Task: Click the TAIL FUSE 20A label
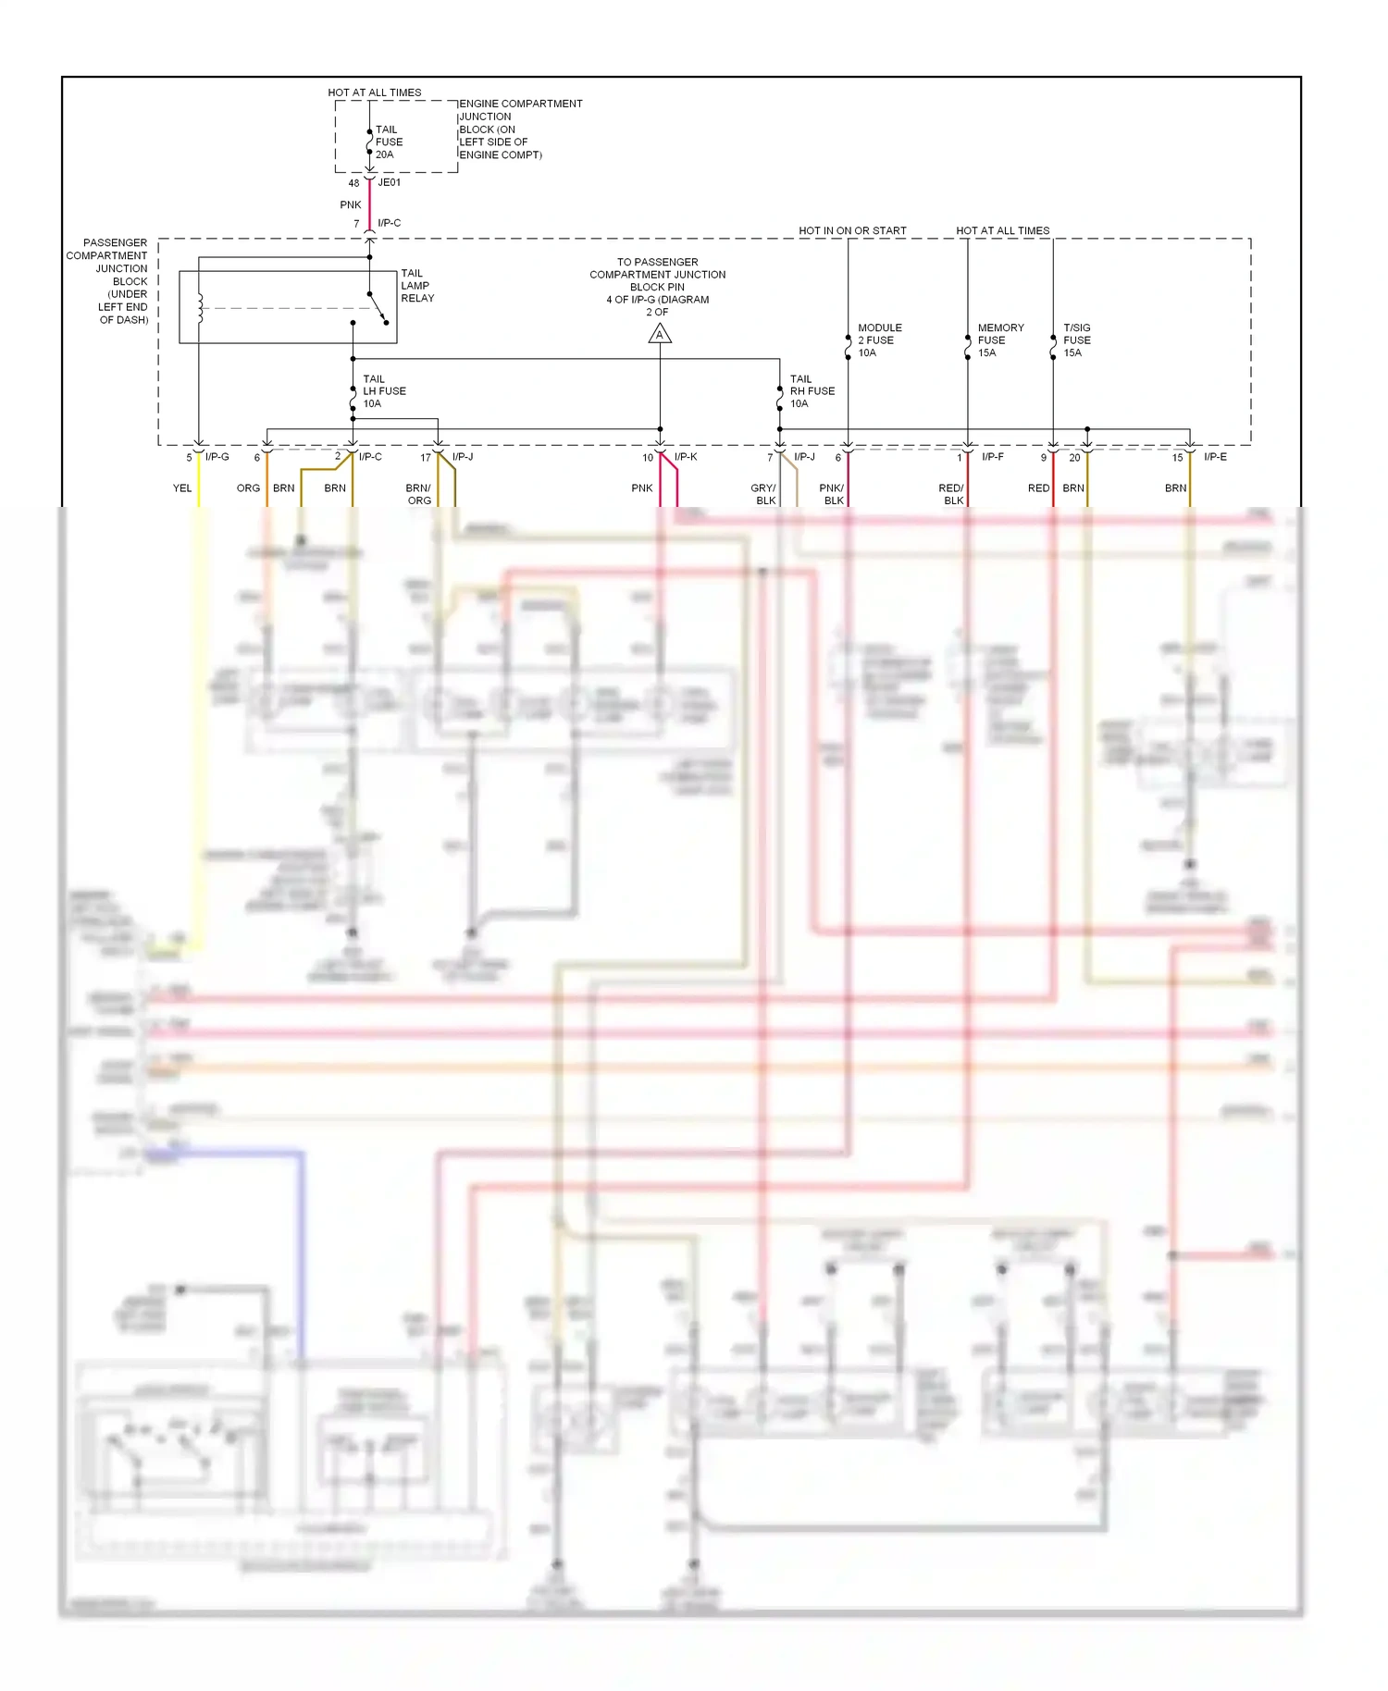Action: click(389, 142)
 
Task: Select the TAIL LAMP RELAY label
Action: click(416, 286)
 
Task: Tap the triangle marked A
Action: click(660, 334)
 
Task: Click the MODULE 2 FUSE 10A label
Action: click(879, 340)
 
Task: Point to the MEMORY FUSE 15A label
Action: click(1000, 340)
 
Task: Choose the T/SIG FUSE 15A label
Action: click(1076, 340)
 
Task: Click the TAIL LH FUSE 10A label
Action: click(383, 391)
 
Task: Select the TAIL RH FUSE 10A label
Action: click(812, 391)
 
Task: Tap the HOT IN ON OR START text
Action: click(852, 230)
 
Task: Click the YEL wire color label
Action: click(182, 488)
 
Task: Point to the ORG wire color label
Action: click(248, 488)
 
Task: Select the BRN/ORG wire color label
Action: click(418, 494)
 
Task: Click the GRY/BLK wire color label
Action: click(763, 494)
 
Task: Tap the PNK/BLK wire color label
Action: click(832, 494)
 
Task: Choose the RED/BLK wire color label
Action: click(951, 494)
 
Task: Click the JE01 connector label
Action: click(390, 183)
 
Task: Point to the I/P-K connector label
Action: click(686, 457)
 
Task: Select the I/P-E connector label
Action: click(1215, 457)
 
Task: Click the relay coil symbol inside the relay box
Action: click(199, 308)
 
